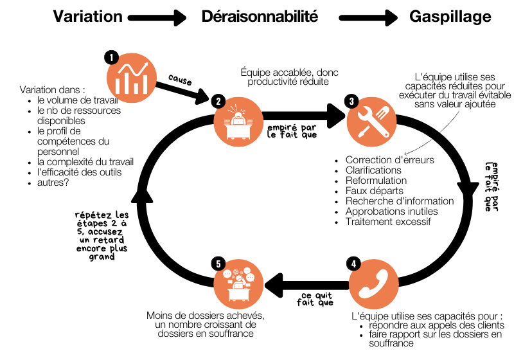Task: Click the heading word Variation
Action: coord(88,17)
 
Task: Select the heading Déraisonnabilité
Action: coord(260,17)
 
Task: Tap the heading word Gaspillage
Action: coord(450,17)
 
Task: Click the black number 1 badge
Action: coord(111,58)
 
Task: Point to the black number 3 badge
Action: coord(351,101)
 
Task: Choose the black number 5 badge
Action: coord(218,264)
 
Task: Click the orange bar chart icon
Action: coord(132,78)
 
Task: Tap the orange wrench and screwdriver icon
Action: coord(372,122)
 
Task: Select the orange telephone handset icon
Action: coord(374,284)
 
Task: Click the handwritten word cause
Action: coord(180,80)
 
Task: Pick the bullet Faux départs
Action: coord(375,191)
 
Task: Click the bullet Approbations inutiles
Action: coord(392,212)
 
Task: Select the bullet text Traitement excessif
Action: coord(388,222)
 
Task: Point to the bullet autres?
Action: coord(53,183)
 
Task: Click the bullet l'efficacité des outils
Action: coord(79,172)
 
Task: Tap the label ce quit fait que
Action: coord(315,299)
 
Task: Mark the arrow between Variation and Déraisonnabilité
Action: coord(157,18)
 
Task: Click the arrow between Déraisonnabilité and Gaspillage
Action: coord(368,18)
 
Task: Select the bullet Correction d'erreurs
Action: coord(390,160)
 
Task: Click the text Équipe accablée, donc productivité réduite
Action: coord(289,76)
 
